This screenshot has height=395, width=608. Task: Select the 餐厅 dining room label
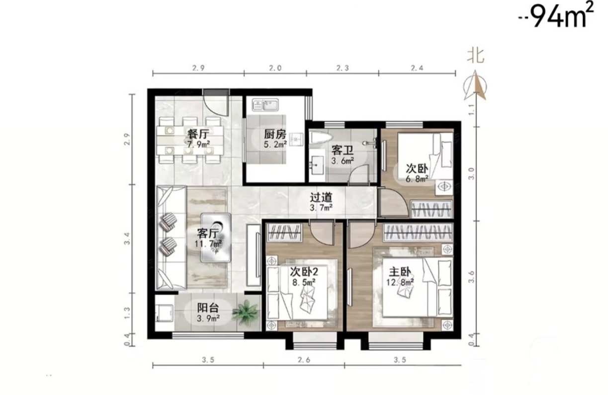[198, 134]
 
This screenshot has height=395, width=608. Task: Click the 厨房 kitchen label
[275, 134]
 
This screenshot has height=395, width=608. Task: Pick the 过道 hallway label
[321, 198]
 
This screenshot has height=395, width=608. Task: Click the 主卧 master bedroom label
[400, 272]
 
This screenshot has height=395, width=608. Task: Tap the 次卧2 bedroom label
[304, 271]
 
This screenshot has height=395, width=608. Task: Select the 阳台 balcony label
[208, 308]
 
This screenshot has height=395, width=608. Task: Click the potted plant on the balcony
[245, 313]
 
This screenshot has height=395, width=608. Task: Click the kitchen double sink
[265, 105]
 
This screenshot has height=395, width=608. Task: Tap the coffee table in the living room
[216, 237]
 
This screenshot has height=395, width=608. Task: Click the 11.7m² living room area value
[208, 244]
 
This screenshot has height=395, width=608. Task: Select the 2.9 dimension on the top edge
[198, 68]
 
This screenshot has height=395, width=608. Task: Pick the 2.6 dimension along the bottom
[304, 360]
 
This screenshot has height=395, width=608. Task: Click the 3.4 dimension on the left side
[127, 238]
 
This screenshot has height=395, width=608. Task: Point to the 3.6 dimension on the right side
[471, 277]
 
